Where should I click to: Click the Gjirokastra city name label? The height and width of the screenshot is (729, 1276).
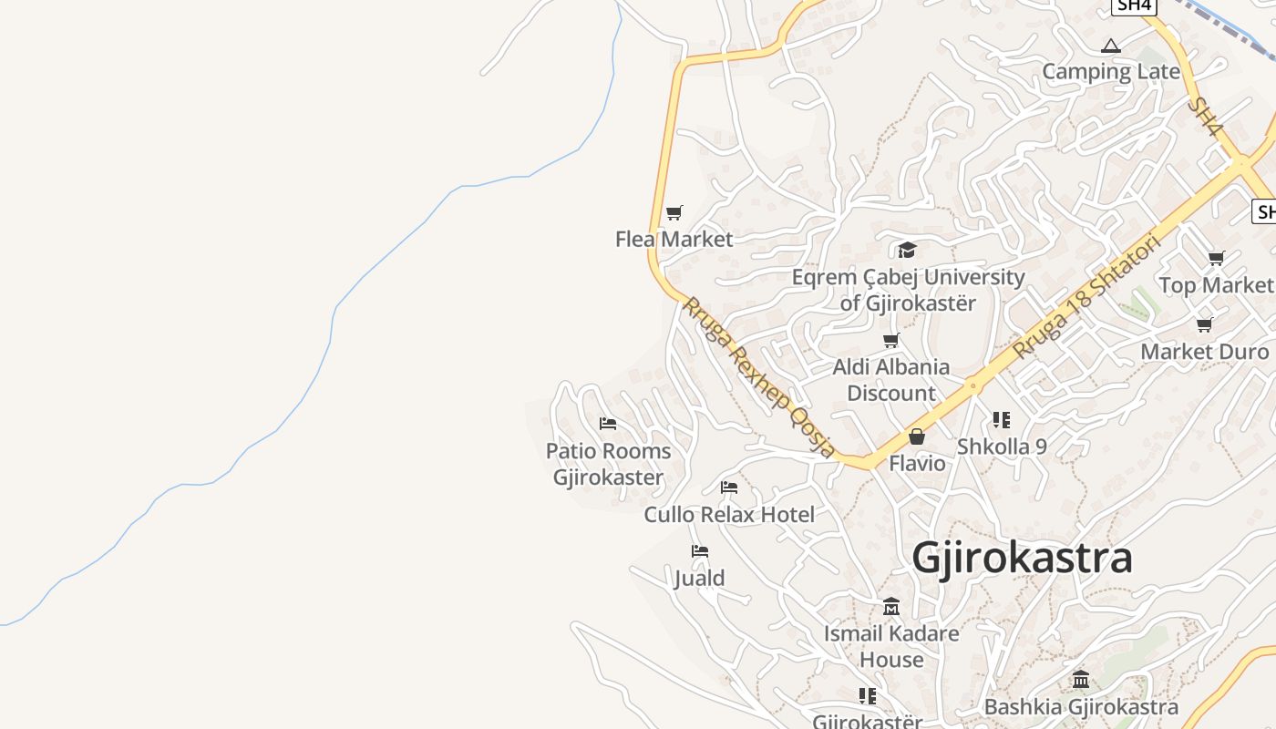[x=1022, y=558]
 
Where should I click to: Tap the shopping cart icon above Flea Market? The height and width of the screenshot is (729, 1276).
[x=674, y=212]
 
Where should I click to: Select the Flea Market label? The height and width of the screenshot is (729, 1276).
[x=674, y=239]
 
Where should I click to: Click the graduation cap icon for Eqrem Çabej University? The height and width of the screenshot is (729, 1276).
[x=907, y=250]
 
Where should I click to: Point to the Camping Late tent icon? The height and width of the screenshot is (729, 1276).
[x=1110, y=46]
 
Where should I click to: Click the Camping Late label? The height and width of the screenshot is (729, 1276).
[x=1110, y=71]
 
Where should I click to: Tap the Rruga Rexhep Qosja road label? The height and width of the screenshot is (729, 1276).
[x=758, y=376]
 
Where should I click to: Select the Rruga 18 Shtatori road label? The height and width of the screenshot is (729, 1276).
[x=1086, y=296]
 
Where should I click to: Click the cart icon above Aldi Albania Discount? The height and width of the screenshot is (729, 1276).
[x=891, y=340]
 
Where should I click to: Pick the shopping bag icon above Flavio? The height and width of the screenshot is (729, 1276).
[x=917, y=436]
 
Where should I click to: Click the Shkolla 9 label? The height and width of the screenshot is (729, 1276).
[x=1002, y=447]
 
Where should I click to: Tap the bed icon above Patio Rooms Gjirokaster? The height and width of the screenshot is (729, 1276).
[x=608, y=424]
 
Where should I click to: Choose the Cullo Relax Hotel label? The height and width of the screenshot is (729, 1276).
[x=729, y=514]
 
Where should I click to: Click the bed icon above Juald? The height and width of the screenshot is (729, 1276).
[x=700, y=551]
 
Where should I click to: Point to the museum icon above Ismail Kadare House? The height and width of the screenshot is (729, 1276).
[x=891, y=606]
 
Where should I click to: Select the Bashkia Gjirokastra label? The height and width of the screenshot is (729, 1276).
[x=1081, y=706]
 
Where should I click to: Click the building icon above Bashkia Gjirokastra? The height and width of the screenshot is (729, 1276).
[x=1081, y=679]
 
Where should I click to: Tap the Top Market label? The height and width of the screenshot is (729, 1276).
[x=1216, y=285]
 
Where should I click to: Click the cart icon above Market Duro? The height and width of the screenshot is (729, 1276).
[x=1205, y=324]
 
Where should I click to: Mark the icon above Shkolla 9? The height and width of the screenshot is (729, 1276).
[x=1002, y=420]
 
